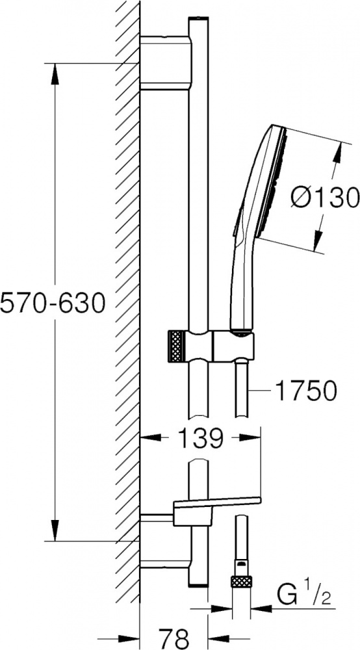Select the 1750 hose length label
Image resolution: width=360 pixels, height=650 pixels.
305,391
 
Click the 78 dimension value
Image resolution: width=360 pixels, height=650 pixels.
174,638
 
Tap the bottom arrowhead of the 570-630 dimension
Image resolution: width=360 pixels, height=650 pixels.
55,530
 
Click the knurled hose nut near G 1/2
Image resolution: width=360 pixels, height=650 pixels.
242,581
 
